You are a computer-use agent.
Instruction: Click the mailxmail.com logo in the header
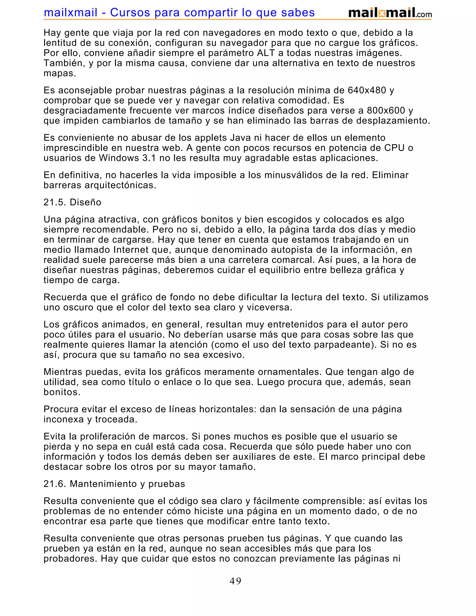(390, 13)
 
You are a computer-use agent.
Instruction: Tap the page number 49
(235, 581)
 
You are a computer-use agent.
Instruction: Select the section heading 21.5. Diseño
(72, 202)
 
